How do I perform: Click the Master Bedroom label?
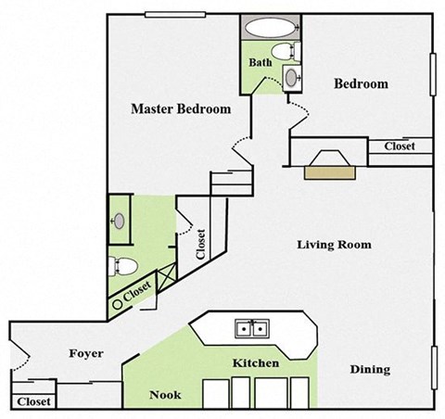(180, 109)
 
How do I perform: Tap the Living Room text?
(334, 246)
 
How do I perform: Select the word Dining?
(369, 370)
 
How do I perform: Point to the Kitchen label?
(255, 363)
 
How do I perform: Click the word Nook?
(165, 395)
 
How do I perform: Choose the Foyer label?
(85, 354)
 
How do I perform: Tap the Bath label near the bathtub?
(260, 63)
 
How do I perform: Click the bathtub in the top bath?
(270, 27)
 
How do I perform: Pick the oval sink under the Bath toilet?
(292, 78)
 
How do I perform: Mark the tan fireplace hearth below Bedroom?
(326, 171)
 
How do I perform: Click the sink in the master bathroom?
(119, 222)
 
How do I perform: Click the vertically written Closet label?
(200, 243)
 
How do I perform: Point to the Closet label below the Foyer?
(33, 402)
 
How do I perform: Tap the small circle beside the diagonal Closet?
(118, 301)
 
